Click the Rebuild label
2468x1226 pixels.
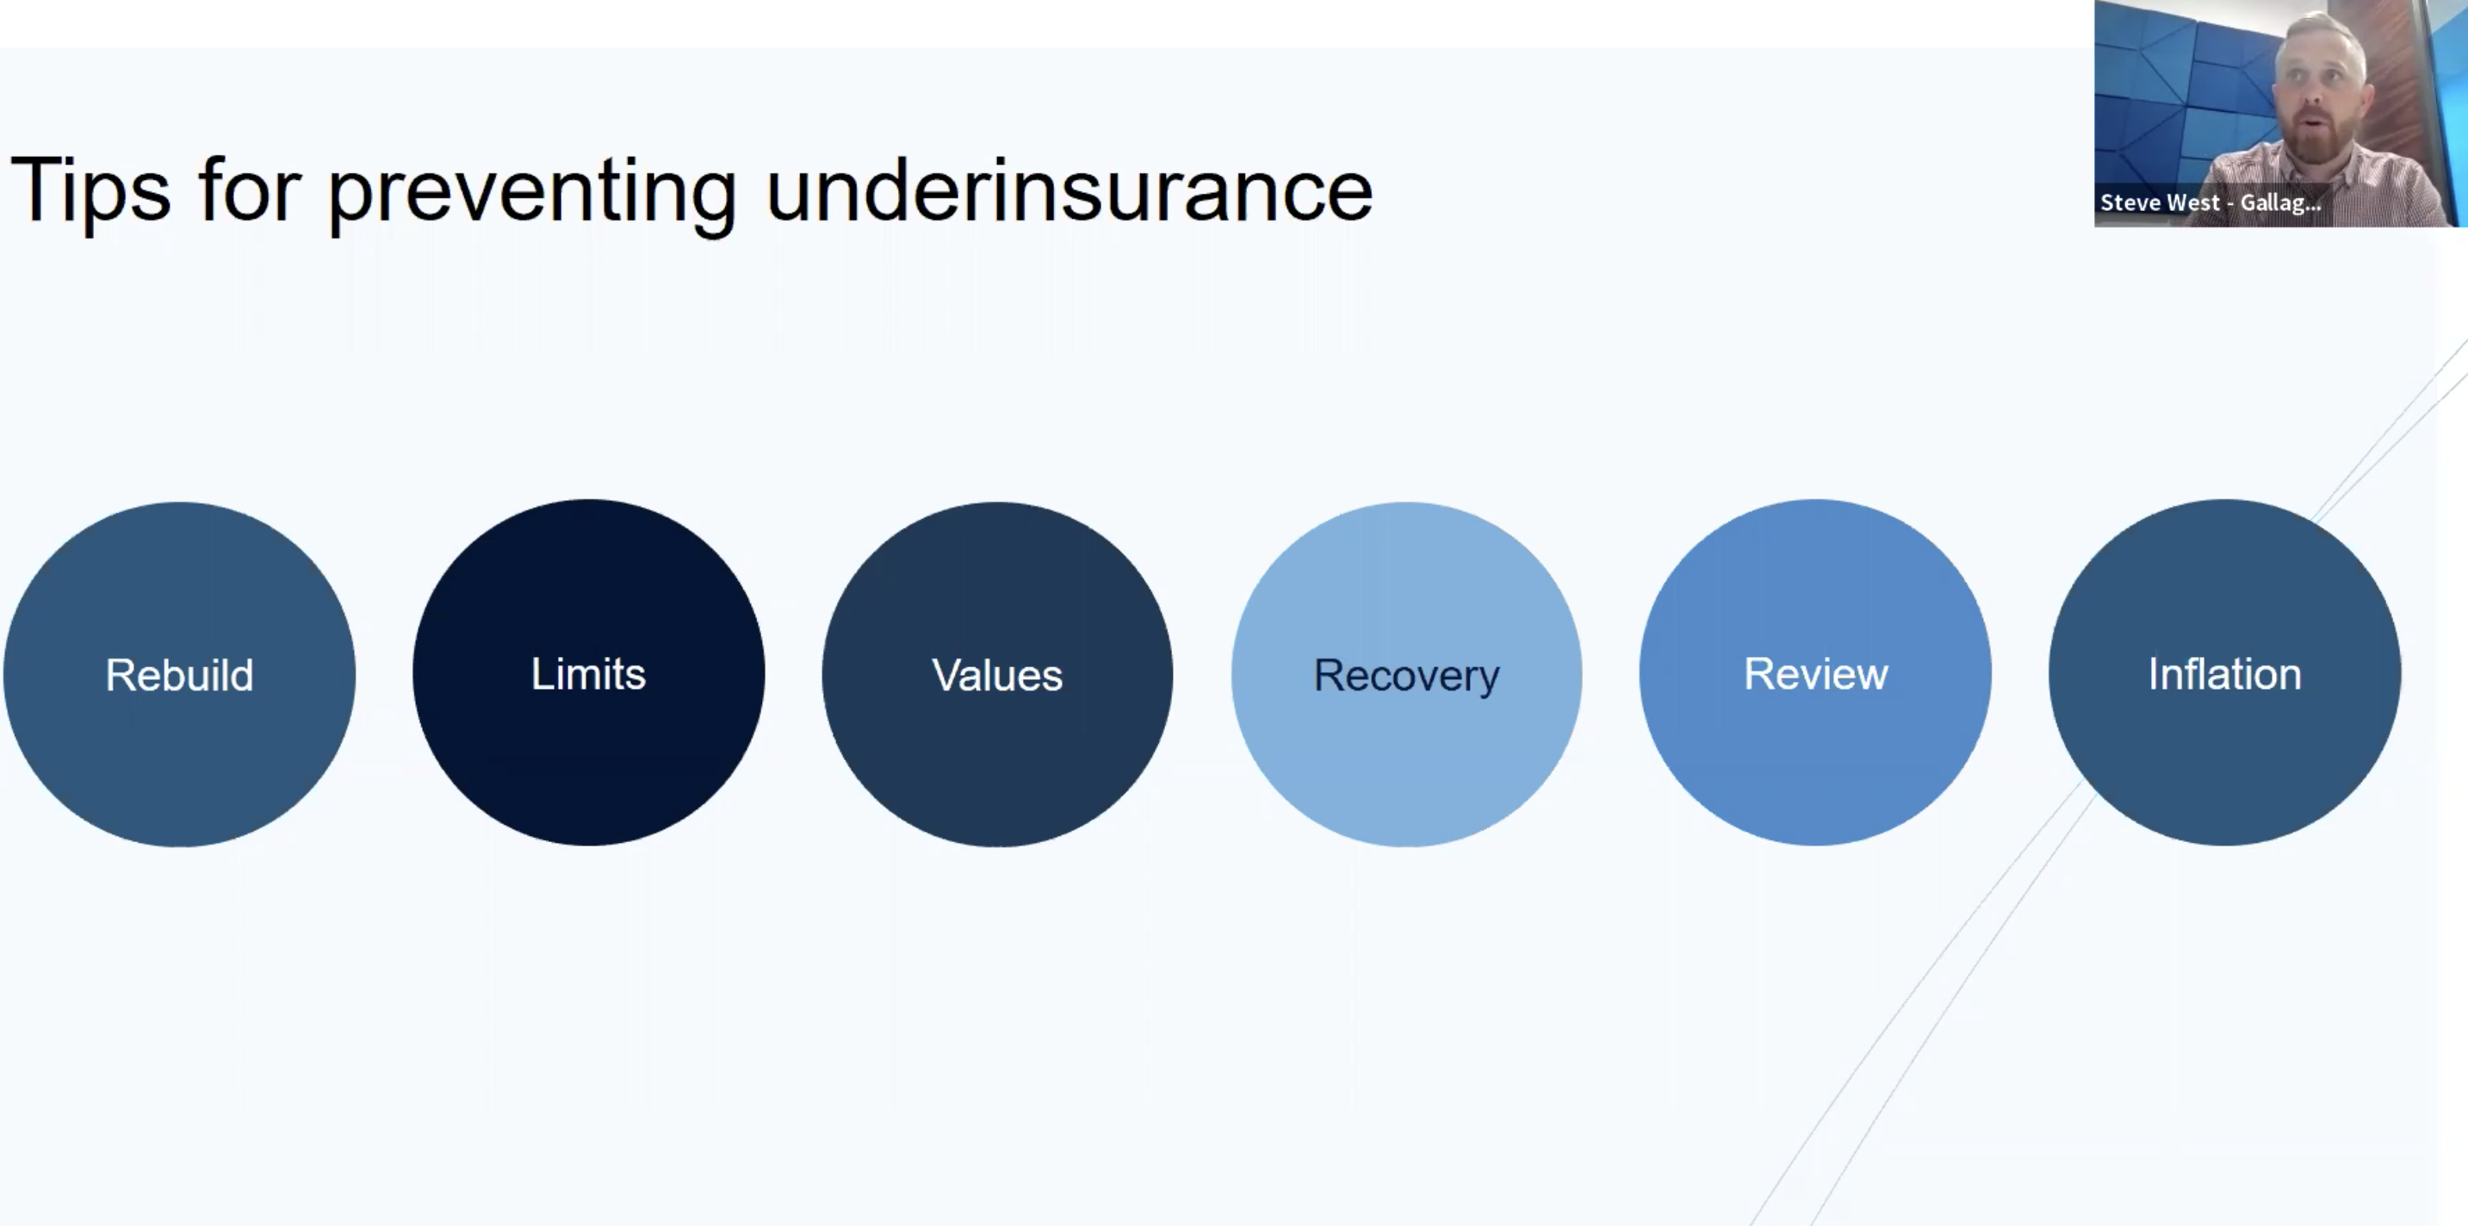(179, 674)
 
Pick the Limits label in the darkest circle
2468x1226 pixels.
(588, 673)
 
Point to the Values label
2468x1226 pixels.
(997, 674)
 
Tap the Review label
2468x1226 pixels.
(1815, 673)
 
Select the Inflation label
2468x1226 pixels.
(2224, 673)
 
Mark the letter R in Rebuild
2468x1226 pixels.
(120, 674)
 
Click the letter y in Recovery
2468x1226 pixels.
(1488, 681)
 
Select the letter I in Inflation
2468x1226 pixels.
(2153, 674)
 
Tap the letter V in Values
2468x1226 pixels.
(947, 675)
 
